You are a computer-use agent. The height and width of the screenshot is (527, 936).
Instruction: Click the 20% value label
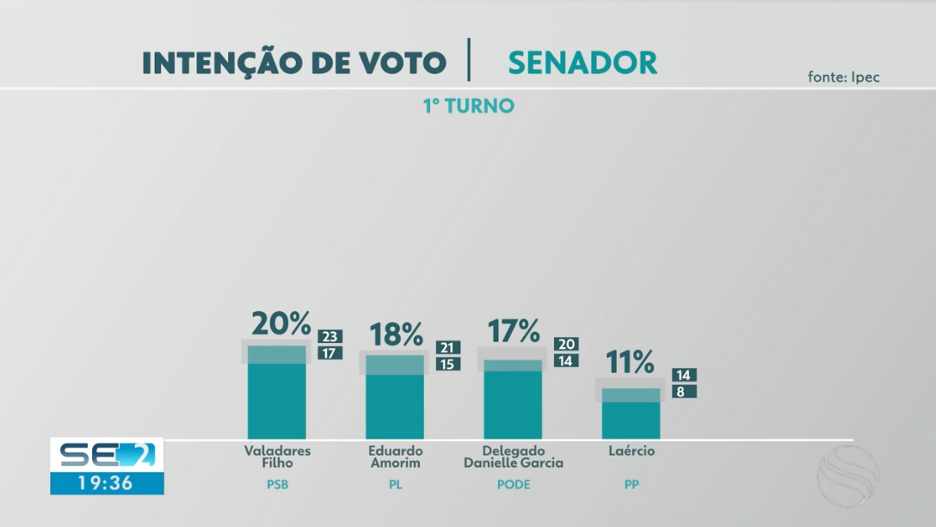point(280,324)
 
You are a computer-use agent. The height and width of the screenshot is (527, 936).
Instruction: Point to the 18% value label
point(396,334)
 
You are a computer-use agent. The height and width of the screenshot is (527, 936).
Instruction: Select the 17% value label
point(514,331)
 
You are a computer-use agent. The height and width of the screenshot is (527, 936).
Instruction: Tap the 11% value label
point(631,363)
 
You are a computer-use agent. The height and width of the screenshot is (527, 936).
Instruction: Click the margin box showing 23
point(330,337)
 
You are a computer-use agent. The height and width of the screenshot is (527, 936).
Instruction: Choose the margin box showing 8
point(685,391)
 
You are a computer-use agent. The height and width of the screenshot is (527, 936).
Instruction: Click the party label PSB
point(277,485)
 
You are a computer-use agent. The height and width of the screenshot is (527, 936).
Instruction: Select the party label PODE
point(514,485)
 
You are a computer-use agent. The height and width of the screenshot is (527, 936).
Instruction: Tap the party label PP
point(631,485)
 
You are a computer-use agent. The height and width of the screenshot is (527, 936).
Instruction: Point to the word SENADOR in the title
point(582,63)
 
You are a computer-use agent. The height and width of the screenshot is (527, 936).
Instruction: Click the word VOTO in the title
point(403,63)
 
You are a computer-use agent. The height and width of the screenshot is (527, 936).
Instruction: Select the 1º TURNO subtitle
point(468,107)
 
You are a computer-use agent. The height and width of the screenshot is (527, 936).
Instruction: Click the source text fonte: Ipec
point(843,77)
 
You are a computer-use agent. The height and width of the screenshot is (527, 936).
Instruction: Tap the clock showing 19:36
point(106,483)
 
